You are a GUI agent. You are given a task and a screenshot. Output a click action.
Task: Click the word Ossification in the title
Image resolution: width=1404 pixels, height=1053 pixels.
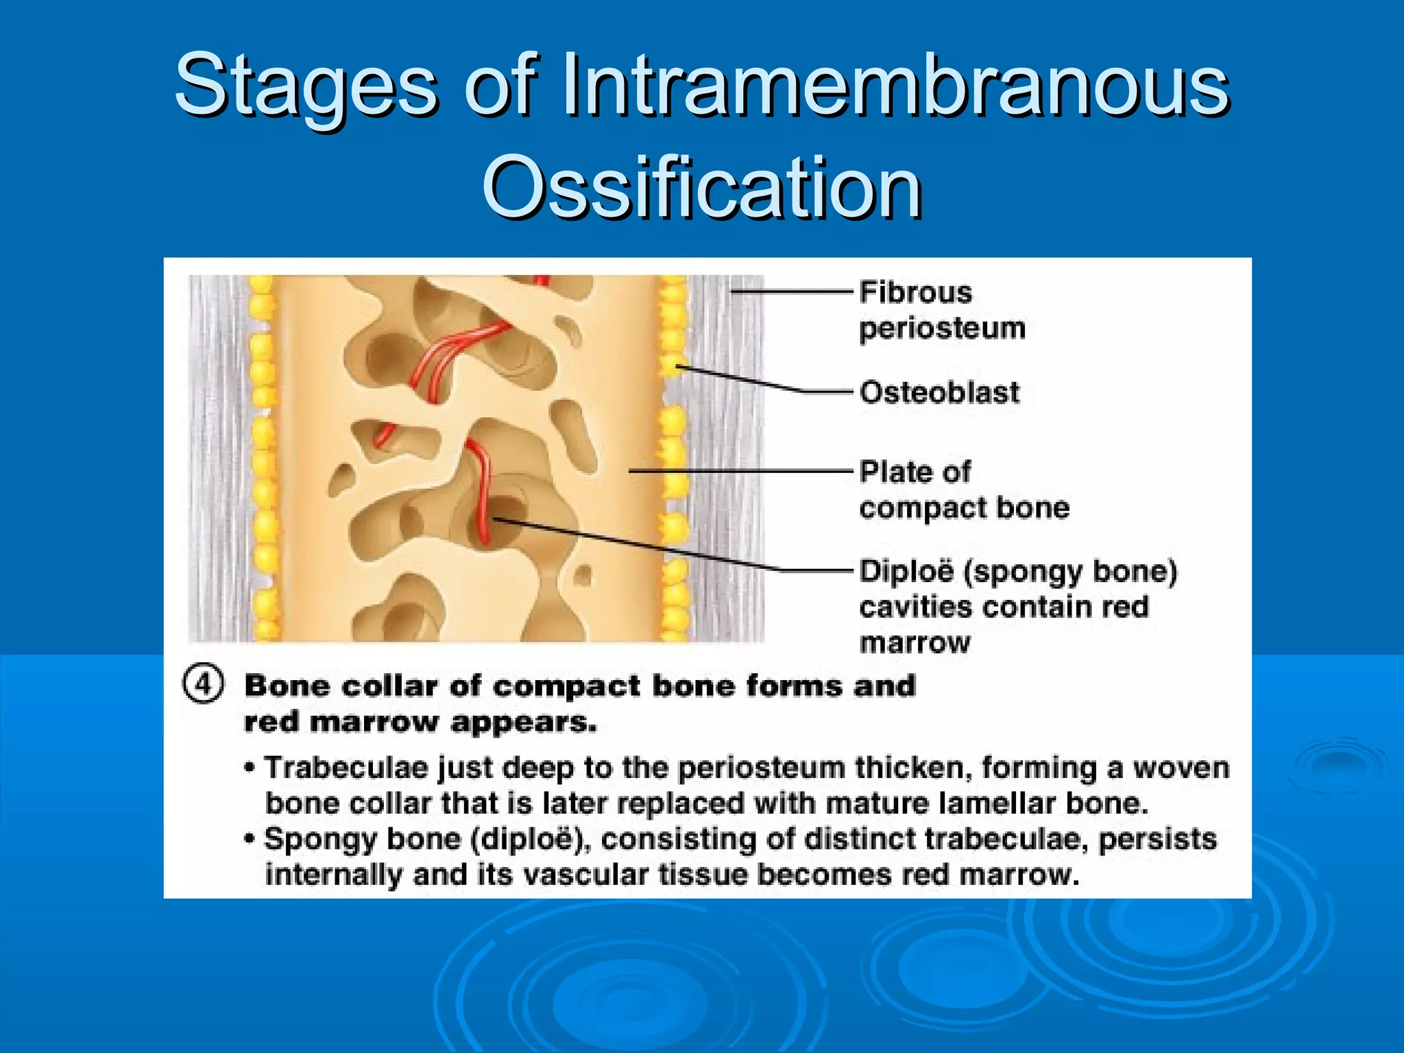(x=702, y=186)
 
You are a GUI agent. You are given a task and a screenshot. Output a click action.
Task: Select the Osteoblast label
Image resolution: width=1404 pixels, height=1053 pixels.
(x=939, y=393)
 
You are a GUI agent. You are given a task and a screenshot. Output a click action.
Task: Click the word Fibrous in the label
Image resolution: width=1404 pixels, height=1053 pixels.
(x=916, y=293)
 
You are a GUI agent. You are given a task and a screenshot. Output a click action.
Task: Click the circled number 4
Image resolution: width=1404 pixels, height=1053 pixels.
(x=203, y=684)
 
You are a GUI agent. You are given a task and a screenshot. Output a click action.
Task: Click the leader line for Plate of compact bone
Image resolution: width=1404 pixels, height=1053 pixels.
(x=740, y=471)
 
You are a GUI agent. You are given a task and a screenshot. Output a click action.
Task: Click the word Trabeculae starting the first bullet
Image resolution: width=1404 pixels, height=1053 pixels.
(x=346, y=768)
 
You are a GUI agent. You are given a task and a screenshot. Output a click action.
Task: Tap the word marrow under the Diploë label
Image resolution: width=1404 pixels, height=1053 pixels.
(x=915, y=643)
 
